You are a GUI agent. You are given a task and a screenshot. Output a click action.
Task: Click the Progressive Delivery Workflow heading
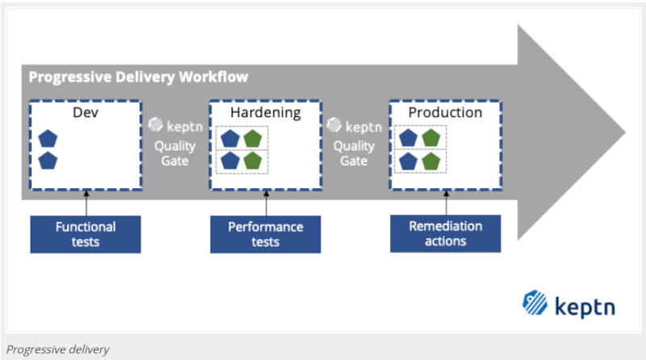tap(138, 77)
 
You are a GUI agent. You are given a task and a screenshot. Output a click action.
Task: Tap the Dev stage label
tap(86, 112)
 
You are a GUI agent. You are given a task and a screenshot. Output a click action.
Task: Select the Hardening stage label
tap(266, 112)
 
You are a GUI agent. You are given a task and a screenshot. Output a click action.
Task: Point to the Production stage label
tap(446, 112)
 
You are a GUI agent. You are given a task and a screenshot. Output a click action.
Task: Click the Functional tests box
tap(86, 234)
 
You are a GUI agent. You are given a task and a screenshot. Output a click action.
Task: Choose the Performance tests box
tap(266, 234)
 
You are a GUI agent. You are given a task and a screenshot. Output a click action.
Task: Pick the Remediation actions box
tap(446, 233)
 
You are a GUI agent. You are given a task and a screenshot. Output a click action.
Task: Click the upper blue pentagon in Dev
tap(48, 138)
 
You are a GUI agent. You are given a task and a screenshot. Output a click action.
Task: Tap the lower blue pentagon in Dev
tap(48, 161)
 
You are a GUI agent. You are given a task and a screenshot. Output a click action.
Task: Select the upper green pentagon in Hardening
tap(253, 138)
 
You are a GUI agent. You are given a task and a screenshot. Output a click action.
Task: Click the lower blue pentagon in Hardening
tap(230, 161)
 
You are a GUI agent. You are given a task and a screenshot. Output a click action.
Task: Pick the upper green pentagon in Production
tap(431, 138)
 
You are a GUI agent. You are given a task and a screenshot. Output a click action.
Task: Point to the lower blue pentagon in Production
tap(409, 161)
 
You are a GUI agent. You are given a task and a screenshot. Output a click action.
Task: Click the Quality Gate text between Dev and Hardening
tap(175, 153)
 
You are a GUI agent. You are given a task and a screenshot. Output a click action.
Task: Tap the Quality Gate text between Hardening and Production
tap(354, 153)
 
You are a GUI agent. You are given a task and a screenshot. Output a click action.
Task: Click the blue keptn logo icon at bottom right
tap(535, 303)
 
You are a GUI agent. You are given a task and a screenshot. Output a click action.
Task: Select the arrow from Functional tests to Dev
tap(86, 203)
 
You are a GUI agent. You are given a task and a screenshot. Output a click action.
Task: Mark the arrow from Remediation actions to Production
tap(447, 203)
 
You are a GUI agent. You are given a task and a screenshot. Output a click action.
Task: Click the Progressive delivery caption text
tap(57, 350)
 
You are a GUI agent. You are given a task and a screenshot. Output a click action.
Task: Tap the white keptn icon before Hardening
tap(156, 124)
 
